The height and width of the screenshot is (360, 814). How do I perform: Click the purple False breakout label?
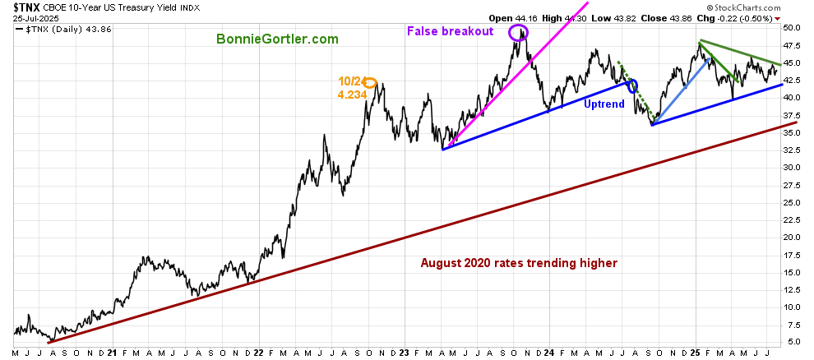pos(450,31)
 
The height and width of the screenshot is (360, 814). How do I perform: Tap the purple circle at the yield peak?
pos(517,33)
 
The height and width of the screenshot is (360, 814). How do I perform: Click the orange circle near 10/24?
pos(370,82)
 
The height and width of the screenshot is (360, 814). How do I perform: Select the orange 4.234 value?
pos(352,95)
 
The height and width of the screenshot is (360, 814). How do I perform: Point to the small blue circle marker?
pos(631,85)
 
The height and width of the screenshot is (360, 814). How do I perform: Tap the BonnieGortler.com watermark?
pos(277,39)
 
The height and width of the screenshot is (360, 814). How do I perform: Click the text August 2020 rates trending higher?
pos(519,264)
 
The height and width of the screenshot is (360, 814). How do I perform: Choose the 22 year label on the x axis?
pos(258,353)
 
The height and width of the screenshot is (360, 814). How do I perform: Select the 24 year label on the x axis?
pos(549,353)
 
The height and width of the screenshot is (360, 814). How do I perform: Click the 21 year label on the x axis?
pos(112,353)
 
